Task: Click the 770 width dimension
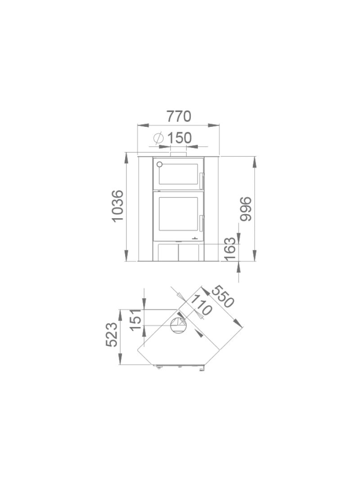pyautogui.click(x=179, y=117)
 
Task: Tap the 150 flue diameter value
pyautogui.click(x=179, y=138)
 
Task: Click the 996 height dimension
pyautogui.click(x=246, y=209)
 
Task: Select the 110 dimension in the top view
pyautogui.click(x=201, y=305)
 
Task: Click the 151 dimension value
pyautogui.click(x=135, y=319)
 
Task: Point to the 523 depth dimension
pyautogui.click(x=112, y=335)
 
